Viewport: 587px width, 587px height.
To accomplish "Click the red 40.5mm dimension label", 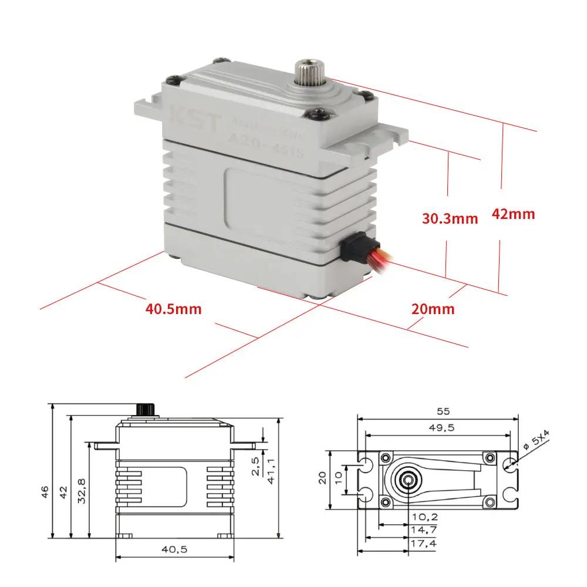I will (x=174, y=308).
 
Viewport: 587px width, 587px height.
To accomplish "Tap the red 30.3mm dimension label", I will (x=450, y=218).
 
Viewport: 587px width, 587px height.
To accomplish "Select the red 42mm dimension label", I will (x=513, y=214).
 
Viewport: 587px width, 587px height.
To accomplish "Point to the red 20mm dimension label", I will (x=433, y=309).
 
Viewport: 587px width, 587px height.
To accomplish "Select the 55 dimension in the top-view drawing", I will (x=438, y=411).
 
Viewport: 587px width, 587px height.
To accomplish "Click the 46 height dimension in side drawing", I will (x=45, y=491).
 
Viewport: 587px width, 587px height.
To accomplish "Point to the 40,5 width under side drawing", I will (x=175, y=549).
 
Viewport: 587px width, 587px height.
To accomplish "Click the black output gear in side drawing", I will (x=144, y=409).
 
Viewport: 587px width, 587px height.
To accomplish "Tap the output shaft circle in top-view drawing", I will (x=407, y=479).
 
